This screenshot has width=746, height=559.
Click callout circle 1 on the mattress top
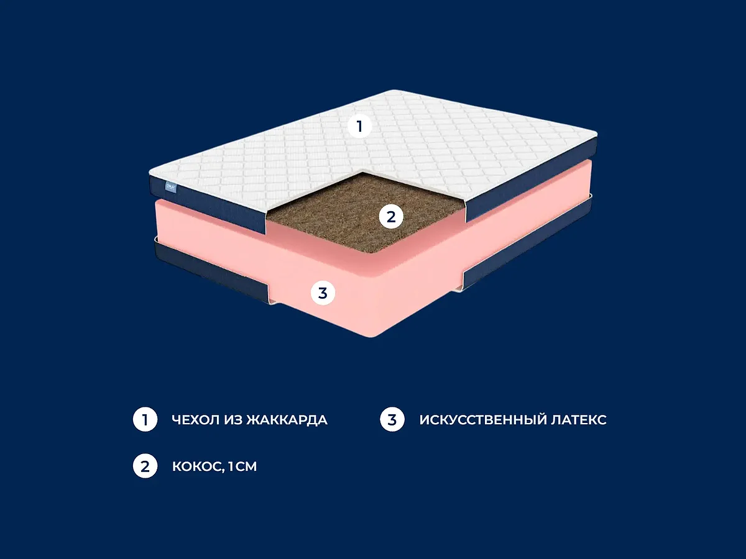click(359, 126)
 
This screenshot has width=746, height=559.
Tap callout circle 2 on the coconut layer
click(391, 217)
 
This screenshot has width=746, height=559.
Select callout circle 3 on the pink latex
click(323, 293)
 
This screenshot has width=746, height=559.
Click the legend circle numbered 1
click(145, 419)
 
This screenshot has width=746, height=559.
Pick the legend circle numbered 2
click(145, 466)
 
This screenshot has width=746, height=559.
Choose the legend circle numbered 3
click(392, 419)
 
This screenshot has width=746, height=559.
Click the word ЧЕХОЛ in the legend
click(196, 420)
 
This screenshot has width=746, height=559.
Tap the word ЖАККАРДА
click(287, 420)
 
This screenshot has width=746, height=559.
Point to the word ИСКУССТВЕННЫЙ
click(483, 420)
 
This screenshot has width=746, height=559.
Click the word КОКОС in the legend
click(198, 467)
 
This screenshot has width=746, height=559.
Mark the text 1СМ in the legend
click(242, 466)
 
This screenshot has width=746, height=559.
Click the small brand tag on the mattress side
click(171, 187)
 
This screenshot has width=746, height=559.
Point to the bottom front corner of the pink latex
click(372, 337)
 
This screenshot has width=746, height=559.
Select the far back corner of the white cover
click(394, 90)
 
